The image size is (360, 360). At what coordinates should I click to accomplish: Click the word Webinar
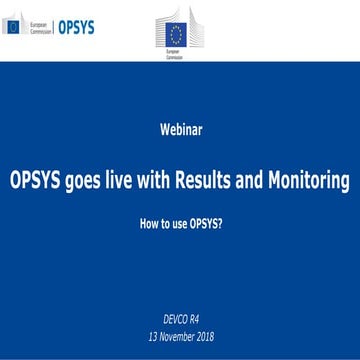[x=180, y=129]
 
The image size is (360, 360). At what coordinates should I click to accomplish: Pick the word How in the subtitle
[x=150, y=226]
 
